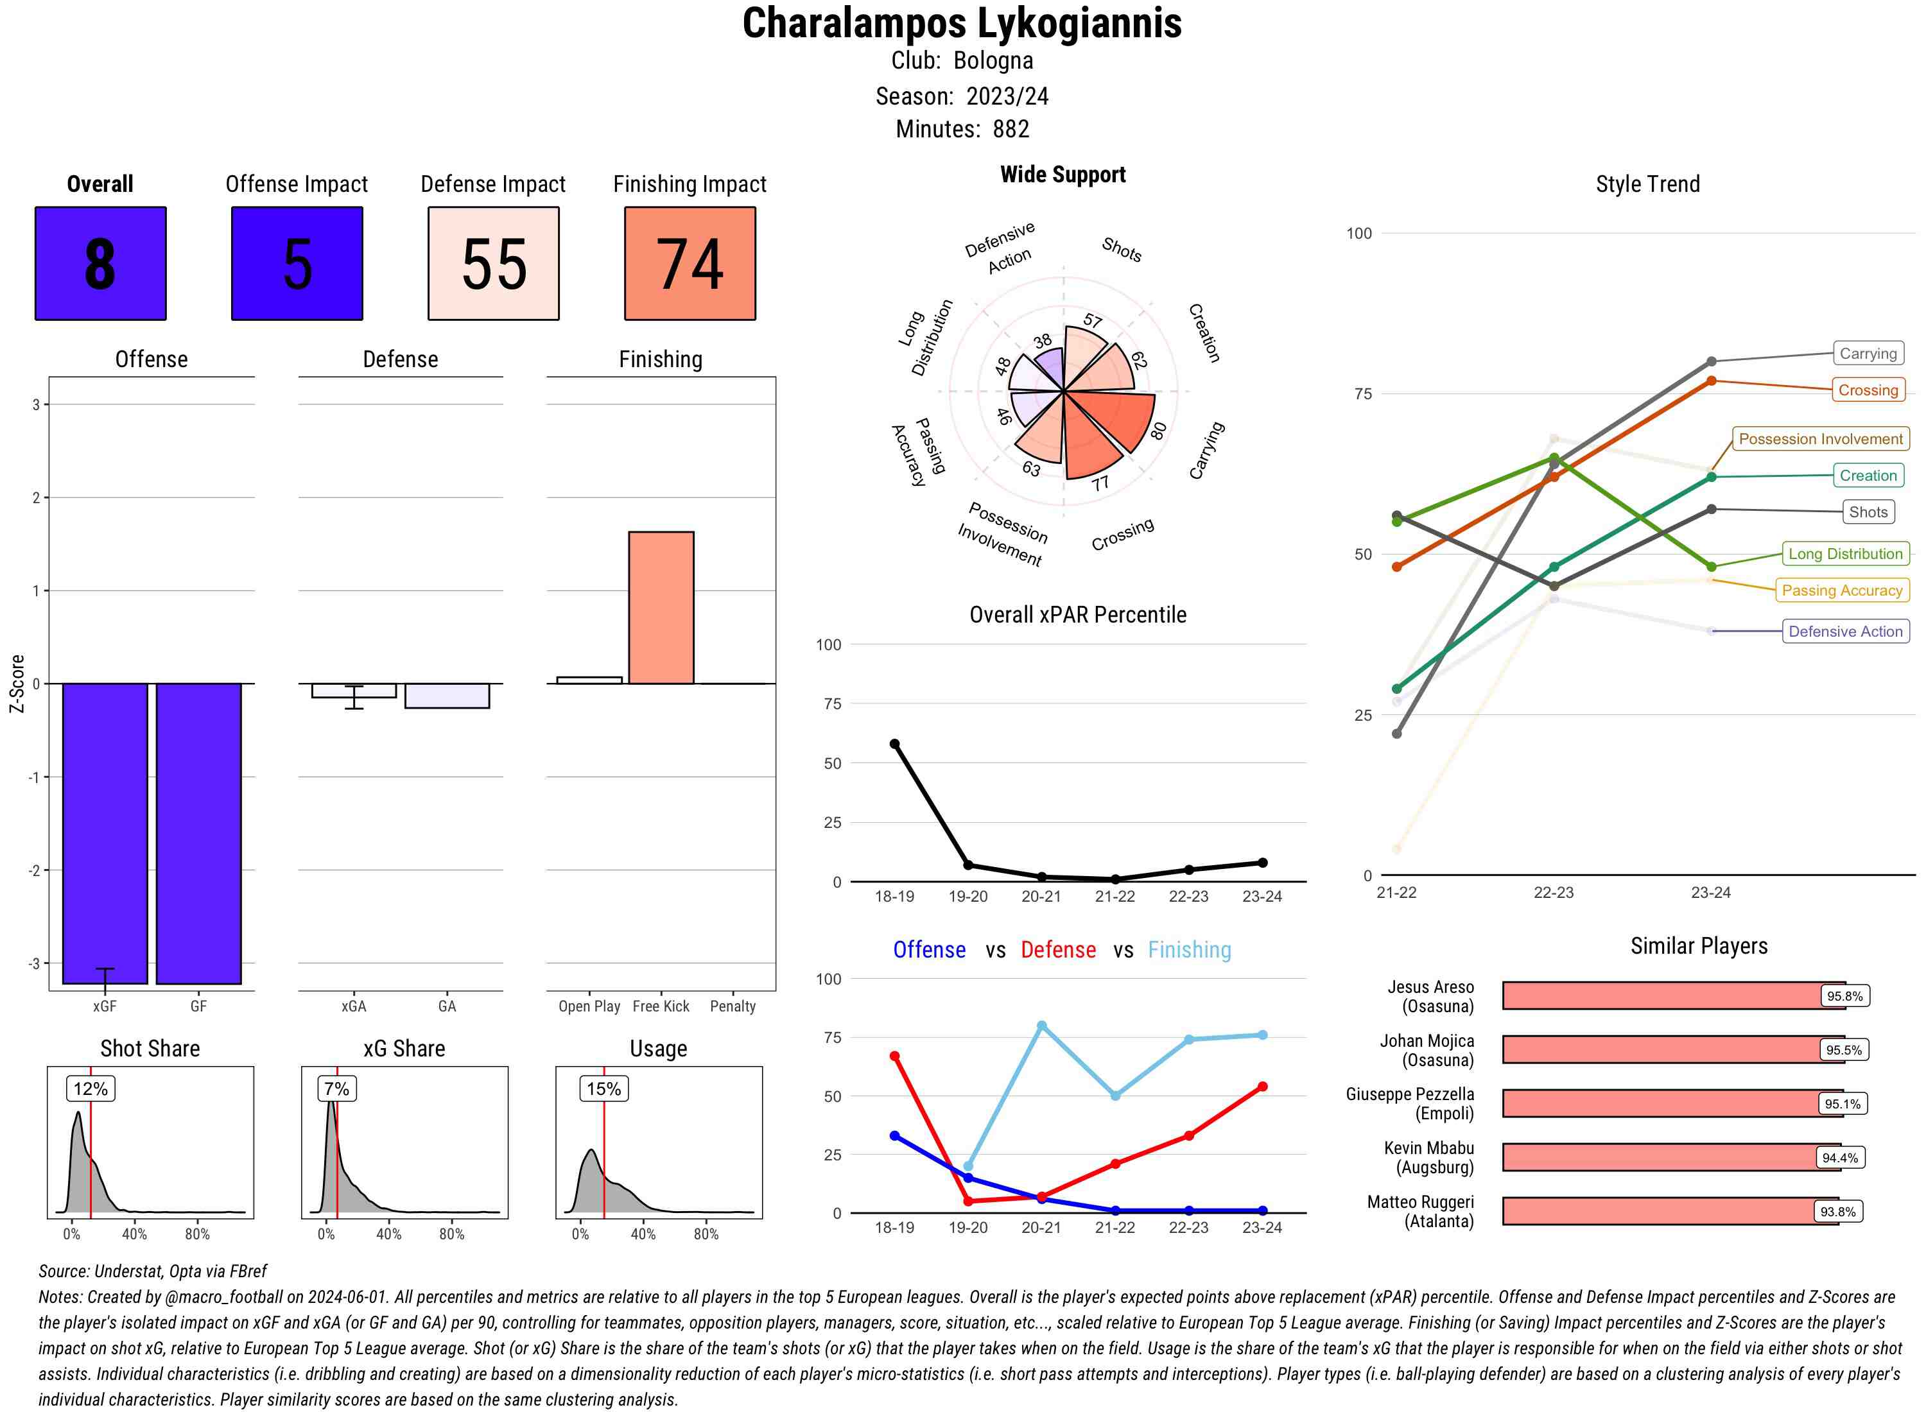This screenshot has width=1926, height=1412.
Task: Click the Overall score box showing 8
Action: [x=100, y=263]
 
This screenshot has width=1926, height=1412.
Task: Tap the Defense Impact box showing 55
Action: [x=493, y=263]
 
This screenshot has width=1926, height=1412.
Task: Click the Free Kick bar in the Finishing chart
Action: [x=661, y=608]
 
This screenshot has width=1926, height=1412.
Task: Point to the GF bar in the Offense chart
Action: [x=198, y=833]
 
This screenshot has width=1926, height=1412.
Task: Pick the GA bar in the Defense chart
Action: [x=446, y=696]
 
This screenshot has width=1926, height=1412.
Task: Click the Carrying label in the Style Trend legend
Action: [x=1867, y=354]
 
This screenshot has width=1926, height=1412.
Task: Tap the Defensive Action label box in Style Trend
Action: [x=1845, y=632]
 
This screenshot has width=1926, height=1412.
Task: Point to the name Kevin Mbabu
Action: [x=1428, y=1148]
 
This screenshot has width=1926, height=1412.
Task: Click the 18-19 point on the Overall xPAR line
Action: [x=894, y=745]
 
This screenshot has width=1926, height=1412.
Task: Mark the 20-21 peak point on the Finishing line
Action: [x=1041, y=1026]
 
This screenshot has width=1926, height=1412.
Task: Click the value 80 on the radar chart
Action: [x=1158, y=430]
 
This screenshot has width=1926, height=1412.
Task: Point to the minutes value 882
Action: [x=1011, y=129]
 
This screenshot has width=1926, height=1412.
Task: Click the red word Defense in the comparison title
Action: [x=1057, y=950]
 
